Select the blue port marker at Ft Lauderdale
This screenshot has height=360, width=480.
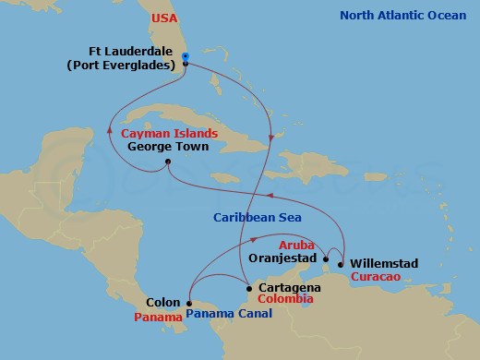[186, 58]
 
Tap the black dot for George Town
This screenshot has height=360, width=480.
[167, 163]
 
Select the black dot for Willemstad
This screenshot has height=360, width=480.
[342, 264]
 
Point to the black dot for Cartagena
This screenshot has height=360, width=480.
[247, 289]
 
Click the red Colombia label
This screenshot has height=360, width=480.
[282, 300]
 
